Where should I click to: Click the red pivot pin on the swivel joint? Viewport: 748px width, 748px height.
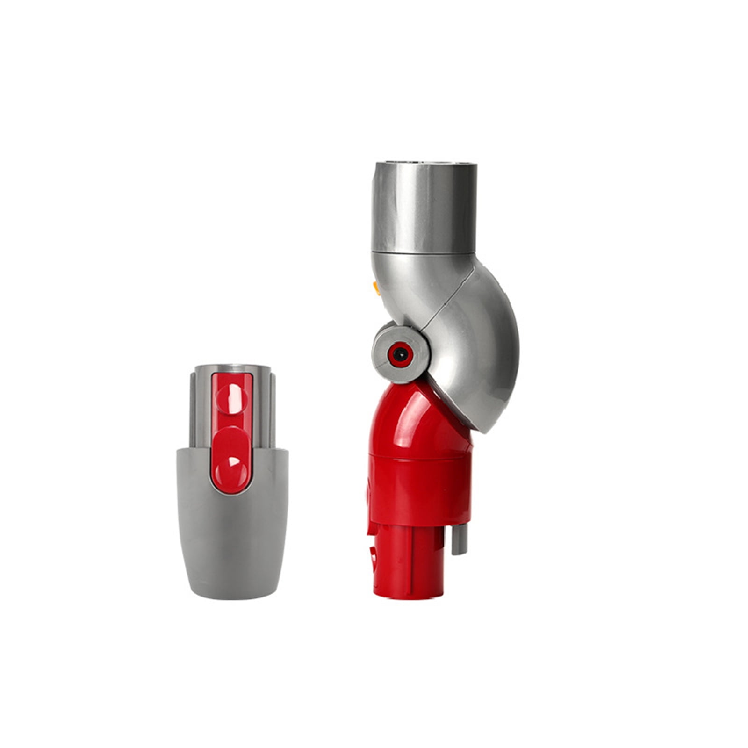399,355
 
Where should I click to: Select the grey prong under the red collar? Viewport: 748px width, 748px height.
459,538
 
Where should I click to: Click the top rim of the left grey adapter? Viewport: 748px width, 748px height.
232,367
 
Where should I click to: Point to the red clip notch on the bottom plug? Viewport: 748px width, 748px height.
373,556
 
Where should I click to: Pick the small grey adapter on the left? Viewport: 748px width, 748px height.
232,482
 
